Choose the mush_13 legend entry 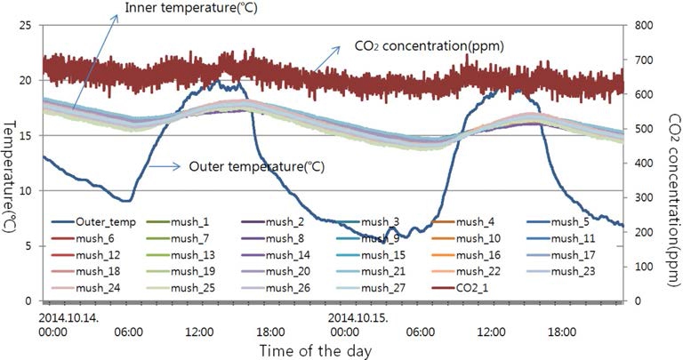[x=191, y=255]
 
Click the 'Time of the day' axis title [x=316, y=350]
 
